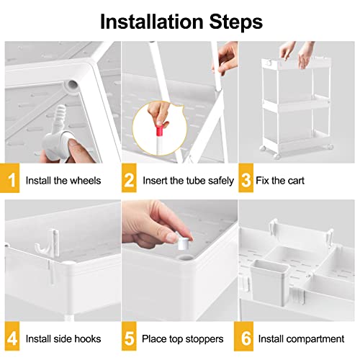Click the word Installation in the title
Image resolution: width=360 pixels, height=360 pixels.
point(152,22)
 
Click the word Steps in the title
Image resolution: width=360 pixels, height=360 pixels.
point(236,22)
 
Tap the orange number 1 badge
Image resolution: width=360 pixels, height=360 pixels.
point(9,178)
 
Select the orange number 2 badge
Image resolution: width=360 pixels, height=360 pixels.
point(129,178)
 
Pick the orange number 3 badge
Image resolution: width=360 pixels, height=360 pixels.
point(246,178)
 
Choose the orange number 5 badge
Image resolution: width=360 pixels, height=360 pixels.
point(129,336)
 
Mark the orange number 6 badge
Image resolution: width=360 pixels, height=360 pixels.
point(244,336)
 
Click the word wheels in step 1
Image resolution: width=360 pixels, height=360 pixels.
point(85,181)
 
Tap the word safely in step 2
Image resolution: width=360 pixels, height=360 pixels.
point(221,181)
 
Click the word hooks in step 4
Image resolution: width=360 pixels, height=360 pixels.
point(87,339)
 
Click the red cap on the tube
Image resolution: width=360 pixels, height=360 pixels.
point(160,130)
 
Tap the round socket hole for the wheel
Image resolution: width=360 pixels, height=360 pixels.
point(73,85)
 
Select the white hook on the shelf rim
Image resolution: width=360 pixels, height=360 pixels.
point(48,243)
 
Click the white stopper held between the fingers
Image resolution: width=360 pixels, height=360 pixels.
point(184,243)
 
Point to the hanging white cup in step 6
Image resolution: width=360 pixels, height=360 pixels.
point(270,282)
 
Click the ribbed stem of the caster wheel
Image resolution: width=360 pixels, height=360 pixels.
point(60,116)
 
